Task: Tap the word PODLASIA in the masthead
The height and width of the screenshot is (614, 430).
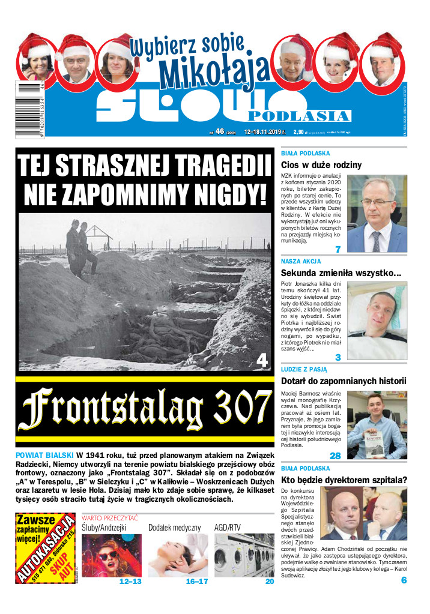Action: click(298, 115)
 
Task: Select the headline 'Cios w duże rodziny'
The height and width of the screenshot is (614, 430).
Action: click(321, 164)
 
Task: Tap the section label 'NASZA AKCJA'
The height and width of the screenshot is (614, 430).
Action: click(301, 262)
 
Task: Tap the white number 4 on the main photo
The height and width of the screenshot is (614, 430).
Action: click(261, 360)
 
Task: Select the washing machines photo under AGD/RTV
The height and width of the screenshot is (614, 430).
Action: click(244, 555)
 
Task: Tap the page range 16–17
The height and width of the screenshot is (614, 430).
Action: click(197, 582)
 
